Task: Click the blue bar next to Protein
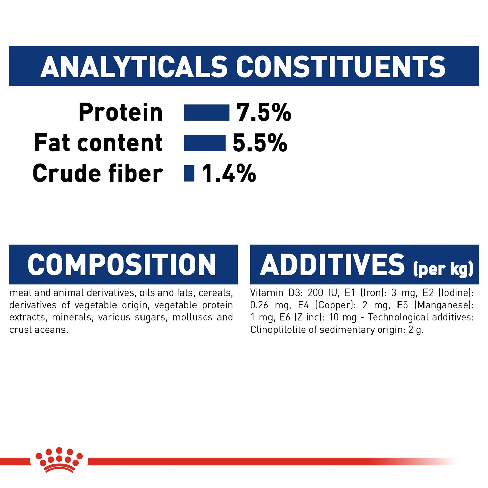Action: point(206,112)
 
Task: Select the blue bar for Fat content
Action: point(204,143)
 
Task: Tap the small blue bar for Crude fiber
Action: point(189,173)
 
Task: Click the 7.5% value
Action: point(263,112)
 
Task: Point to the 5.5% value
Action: point(260,143)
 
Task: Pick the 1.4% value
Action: point(229,174)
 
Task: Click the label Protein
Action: point(121,112)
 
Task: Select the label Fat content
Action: point(98,143)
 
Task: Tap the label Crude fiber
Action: point(98,174)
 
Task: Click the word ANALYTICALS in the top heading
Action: point(134,67)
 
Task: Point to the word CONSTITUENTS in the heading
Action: point(340,67)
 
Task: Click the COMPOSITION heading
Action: point(122,265)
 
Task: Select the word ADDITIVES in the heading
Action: point(332,265)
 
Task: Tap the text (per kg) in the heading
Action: point(443,269)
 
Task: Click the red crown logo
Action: point(59,460)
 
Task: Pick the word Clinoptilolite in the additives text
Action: point(278,330)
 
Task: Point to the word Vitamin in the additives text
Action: point(266,293)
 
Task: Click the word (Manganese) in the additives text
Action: point(444,305)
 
